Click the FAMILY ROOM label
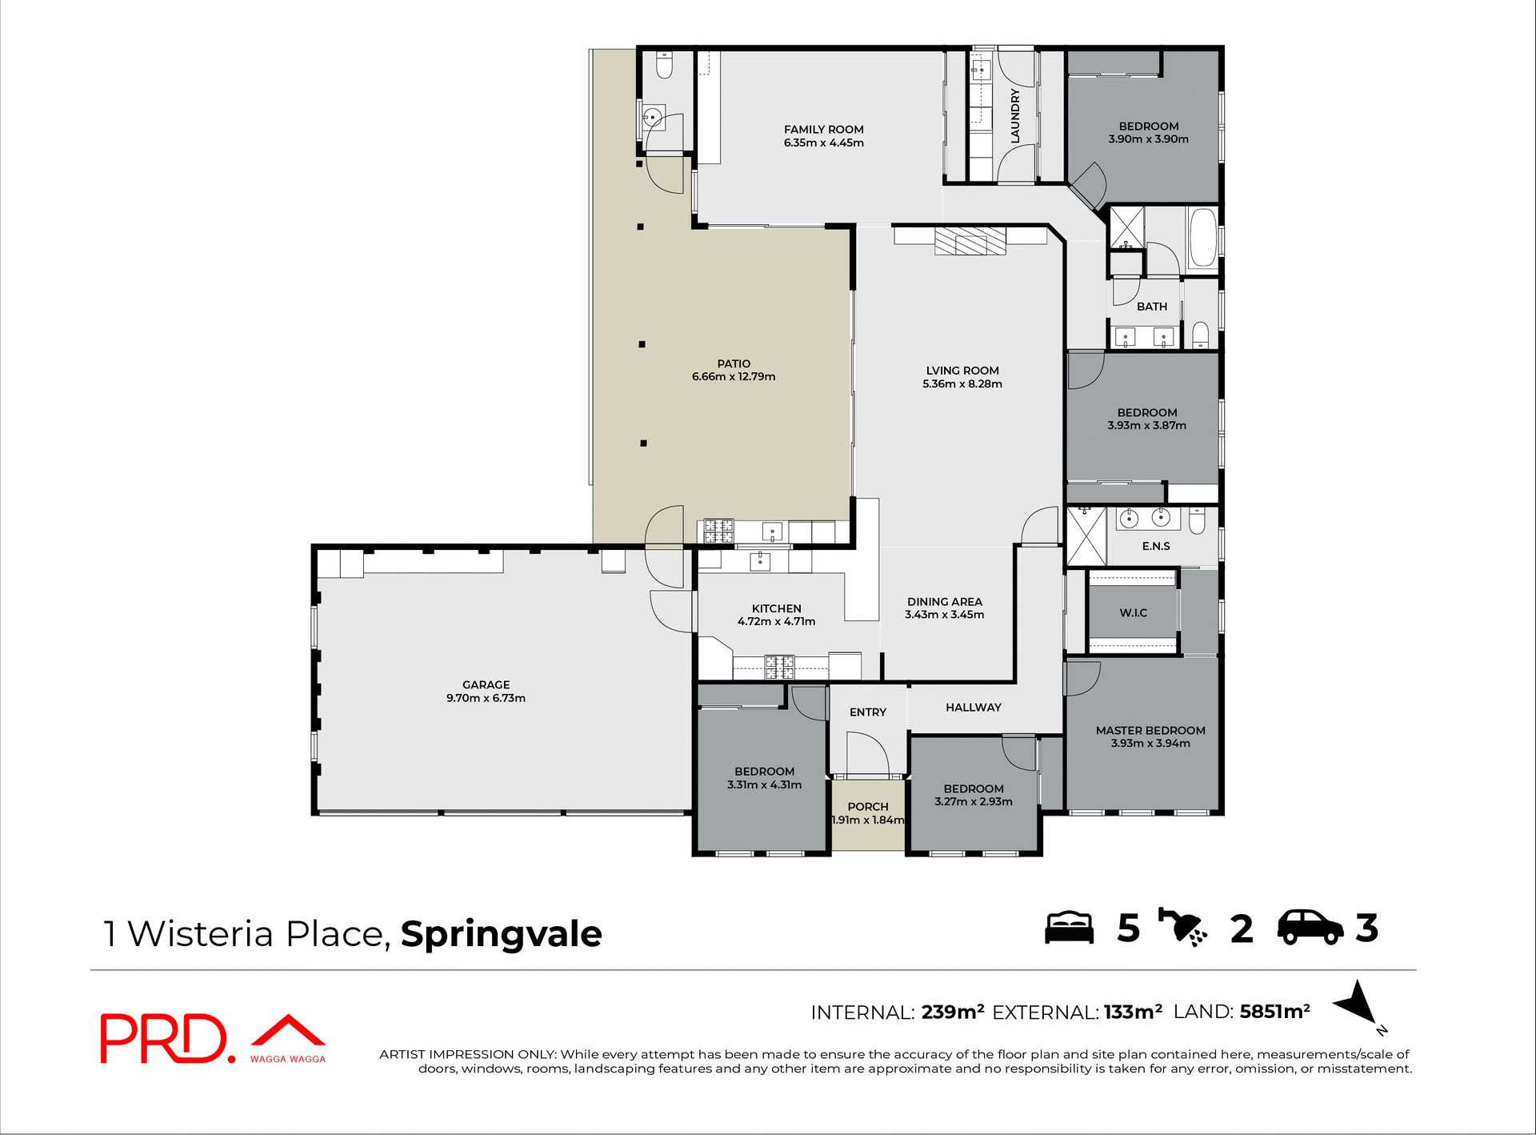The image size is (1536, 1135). (823, 130)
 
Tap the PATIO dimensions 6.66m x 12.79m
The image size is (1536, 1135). (733, 377)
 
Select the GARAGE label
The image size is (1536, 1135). (486, 685)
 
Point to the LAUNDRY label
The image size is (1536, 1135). (1015, 117)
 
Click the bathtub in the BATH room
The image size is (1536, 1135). (1202, 237)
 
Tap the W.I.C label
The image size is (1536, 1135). (1133, 613)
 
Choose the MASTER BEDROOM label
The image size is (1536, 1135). (1150, 731)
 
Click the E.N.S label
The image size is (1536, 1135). (1155, 547)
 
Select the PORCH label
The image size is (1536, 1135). (867, 807)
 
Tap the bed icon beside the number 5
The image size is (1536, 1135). (1069, 928)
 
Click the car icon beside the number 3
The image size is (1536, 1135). (1310, 928)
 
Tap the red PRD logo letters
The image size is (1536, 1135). (164, 1039)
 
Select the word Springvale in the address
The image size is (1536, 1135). (501, 934)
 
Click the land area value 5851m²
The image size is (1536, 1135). (1274, 1012)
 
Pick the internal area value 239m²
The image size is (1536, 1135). (952, 1013)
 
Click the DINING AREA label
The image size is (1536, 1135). (944, 602)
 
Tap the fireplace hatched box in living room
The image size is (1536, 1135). (970, 241)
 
